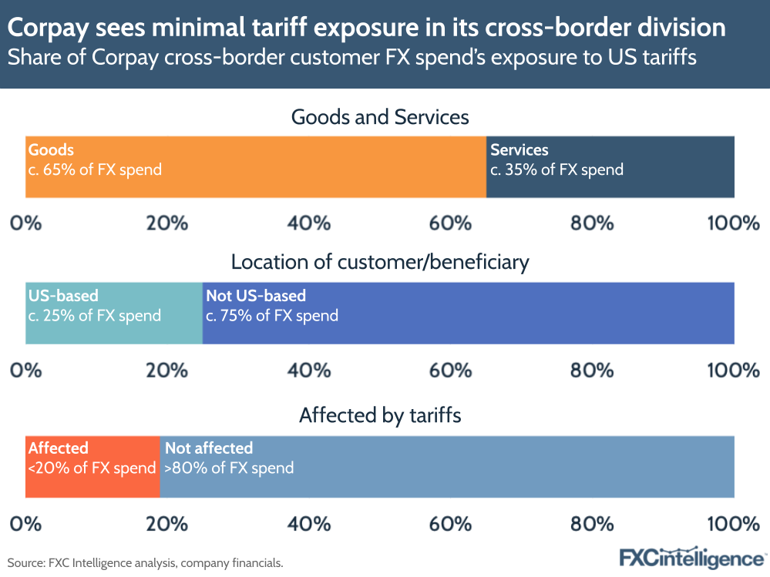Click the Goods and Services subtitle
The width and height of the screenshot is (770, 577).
[380, 117]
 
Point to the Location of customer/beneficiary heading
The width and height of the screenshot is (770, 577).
[380, 262]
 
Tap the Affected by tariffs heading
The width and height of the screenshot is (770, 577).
[380, 415]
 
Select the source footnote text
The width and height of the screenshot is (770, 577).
[145, 563]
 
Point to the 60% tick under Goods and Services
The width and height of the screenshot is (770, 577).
[450, 223]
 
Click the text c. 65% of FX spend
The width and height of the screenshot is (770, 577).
[95, 169]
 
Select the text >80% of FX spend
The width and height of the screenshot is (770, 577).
[229, 468]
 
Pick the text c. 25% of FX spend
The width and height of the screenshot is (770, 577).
[94, 315]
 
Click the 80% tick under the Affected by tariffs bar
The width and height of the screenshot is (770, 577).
[592, 523]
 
